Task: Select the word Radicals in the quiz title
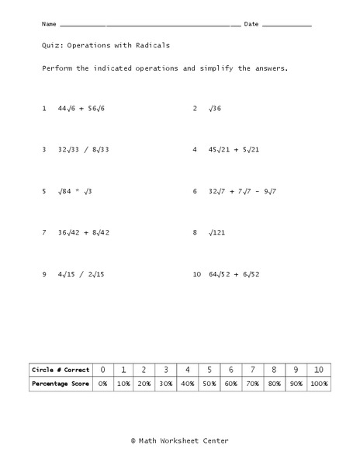click(151, 46)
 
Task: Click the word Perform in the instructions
click(57, 68)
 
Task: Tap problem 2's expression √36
click(215, 109)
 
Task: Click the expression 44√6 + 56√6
click(81, 109)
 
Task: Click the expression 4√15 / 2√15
click(81, 273)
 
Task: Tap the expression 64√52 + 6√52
click(234, 273)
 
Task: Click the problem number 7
click(44, 232)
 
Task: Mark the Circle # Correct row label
click(61, 370)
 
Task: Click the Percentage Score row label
click(61, 384)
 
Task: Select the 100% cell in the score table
click(317, 384)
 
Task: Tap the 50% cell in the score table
click(209, 384)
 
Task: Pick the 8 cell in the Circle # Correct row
click(273, 370)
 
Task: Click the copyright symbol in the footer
click(134, 440)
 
